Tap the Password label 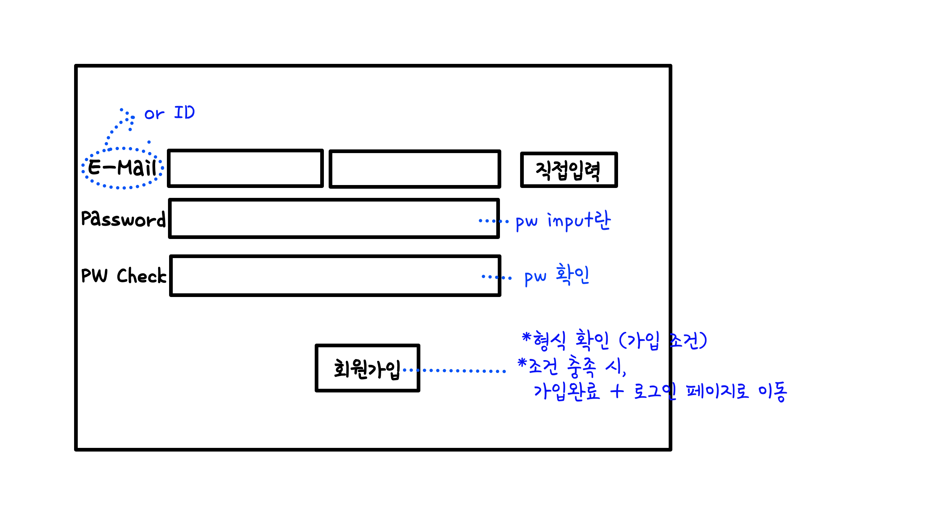(x=123, y=219)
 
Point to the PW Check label (x=124, y=276)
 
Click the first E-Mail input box (x=245, y=169)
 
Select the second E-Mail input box (x=414, y=169)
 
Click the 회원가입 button (x=367, y=368)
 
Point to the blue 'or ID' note (x=169, y=113)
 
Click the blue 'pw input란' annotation (x=563, y=221)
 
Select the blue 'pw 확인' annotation (x=556, y=276)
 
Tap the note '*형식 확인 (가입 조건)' (x=614, y=340)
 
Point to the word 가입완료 (x=567, y=391)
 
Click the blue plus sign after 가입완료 (x=617, y=391)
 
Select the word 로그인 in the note (x=655, y=391)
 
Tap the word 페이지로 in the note (x=717, y=391)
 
